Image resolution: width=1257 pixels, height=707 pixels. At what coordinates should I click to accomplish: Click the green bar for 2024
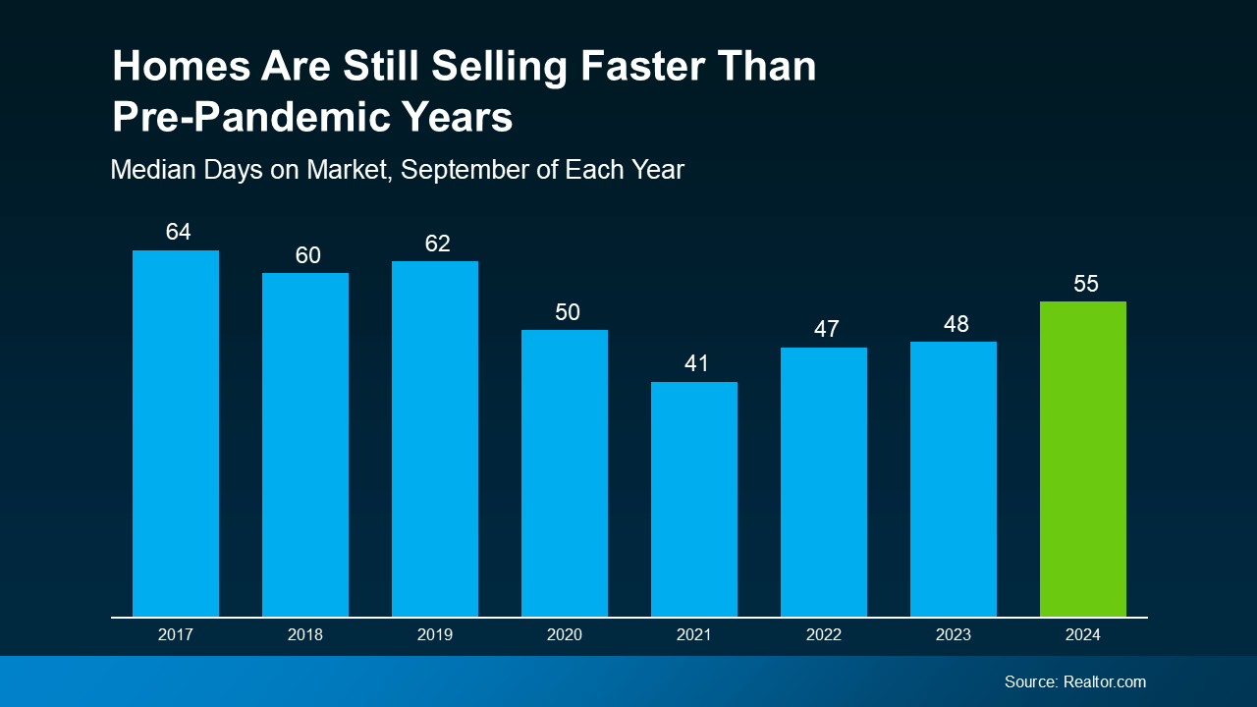1082,459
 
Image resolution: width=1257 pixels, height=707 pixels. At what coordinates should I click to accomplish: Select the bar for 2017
176,433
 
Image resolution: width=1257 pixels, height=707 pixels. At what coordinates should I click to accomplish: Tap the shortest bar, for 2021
694,499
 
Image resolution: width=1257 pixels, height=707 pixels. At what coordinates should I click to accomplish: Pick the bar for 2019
435,439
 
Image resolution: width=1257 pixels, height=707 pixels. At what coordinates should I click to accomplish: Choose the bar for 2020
565,473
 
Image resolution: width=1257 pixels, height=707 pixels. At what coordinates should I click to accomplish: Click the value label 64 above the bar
178,233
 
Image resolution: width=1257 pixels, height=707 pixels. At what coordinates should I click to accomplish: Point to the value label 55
1085,284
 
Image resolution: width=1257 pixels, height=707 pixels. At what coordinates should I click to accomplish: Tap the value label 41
696,364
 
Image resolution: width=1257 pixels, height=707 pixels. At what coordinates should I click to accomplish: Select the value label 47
826,330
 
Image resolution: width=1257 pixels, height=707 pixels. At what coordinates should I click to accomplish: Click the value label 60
307,255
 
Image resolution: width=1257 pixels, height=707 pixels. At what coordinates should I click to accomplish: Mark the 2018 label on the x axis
305,635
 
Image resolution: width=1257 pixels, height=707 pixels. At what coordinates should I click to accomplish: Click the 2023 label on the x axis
954,635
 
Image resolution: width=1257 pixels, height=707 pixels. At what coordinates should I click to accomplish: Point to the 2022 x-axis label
824,635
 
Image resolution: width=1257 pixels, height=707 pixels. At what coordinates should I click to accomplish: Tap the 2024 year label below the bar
1083,635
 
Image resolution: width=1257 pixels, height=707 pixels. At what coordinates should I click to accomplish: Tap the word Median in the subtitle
152,170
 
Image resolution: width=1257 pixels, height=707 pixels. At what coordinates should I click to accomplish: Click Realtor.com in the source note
1105,681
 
